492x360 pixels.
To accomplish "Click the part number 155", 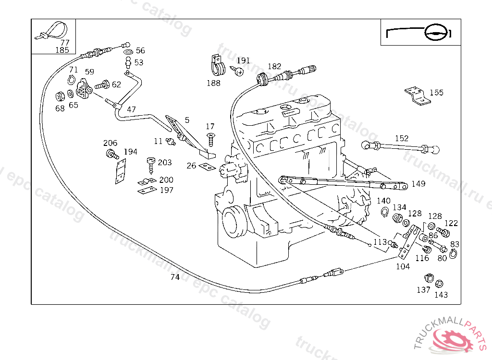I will point(436,93).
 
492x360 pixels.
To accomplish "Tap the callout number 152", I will point(402,138).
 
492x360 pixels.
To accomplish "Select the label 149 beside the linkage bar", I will point(418,184).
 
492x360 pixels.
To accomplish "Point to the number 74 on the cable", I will point(175,277).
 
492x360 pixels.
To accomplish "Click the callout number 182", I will point(274,67).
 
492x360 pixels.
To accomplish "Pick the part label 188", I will point(213,83).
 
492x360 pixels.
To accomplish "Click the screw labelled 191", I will point(238,71).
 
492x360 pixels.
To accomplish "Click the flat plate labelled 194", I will point(119,172).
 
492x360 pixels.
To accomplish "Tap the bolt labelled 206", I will point(111,155).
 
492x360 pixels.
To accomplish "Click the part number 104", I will point(403,266).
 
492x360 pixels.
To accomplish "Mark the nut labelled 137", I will point(428,278).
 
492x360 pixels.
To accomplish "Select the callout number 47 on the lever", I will point(131,109).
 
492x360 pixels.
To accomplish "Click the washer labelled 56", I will point(128,51).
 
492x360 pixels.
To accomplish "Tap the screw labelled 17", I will point(210,139).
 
